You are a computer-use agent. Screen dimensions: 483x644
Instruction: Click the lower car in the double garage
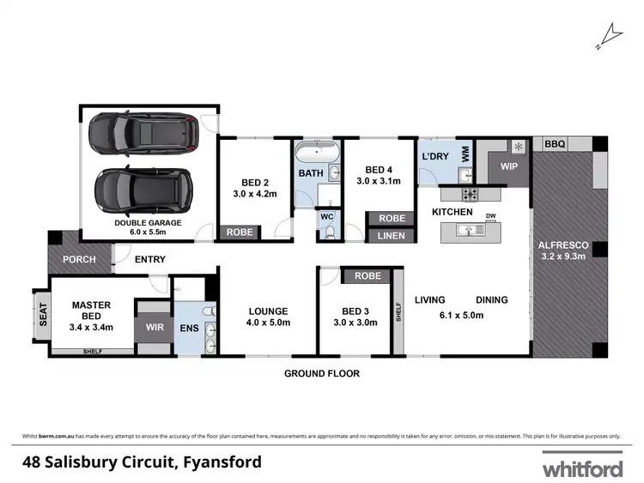pos(143,189)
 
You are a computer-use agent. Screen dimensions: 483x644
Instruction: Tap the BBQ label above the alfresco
pos(555,145)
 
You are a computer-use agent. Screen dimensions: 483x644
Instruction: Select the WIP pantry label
pos(509,166)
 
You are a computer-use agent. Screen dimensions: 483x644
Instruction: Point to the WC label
pos(326,216)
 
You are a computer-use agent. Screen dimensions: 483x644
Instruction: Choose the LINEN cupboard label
pos(392,235)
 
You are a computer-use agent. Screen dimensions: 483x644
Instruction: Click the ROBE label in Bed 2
pos(238,232)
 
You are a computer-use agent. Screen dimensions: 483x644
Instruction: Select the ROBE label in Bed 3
pos(367,276)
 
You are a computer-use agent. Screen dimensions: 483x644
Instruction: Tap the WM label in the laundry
pos(465,154)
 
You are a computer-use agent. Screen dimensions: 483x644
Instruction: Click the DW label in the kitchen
pos(490,216)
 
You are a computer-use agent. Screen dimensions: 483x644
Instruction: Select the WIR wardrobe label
pos(154,328)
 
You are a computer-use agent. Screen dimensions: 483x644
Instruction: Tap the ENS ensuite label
pos(188,328)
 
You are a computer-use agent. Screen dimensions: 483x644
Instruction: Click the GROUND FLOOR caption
pos(323,374)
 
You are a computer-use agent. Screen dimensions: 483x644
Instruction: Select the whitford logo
pos(581,468)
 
